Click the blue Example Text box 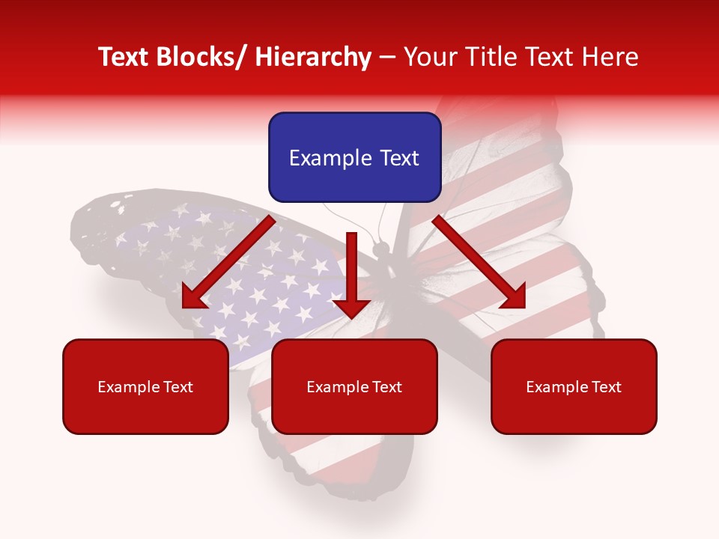click(354, 157)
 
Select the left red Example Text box click(145, 386)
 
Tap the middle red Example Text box click(354, 386)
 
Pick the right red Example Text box click(574, 386)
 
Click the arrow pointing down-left click(228, 262)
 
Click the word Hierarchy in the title click(313, 57)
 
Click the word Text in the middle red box click(386, 387)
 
